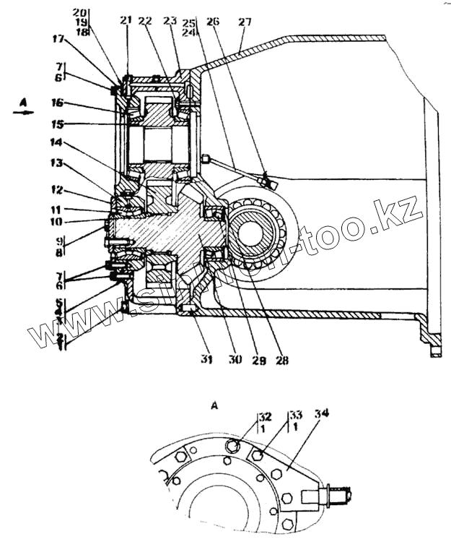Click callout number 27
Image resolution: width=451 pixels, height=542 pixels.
tap(245, 22)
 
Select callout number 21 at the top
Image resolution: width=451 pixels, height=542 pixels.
tap(126, 20)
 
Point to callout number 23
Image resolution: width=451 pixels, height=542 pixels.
tap(172, 21)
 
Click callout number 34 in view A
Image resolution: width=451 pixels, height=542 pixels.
tap(322, 413)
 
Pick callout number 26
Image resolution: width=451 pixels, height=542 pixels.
tap(212, 21)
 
